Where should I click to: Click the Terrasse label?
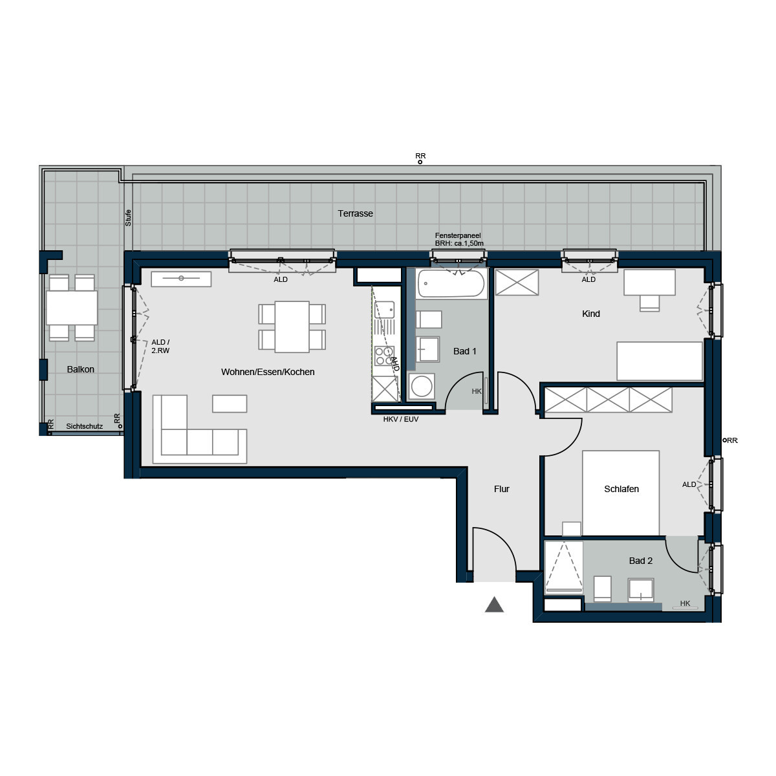point(355,213)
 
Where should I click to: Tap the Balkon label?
point(81,369)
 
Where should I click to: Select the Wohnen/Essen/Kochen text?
point(268,372)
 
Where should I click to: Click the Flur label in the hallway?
point(502,489)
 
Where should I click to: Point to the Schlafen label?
point(621,489)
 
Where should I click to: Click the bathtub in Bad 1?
point(451,284)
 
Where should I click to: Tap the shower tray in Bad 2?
point(563,566)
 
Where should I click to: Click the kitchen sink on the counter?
point(384,310)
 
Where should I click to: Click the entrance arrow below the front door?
point(494,605)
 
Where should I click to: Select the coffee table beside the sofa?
point(230,404)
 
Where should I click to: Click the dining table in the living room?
point(292,327)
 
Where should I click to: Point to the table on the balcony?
point(72,308)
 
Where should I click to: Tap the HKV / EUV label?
point(401,419)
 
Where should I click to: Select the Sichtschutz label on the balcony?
point(84,427)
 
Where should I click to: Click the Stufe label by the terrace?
point(128,217)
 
